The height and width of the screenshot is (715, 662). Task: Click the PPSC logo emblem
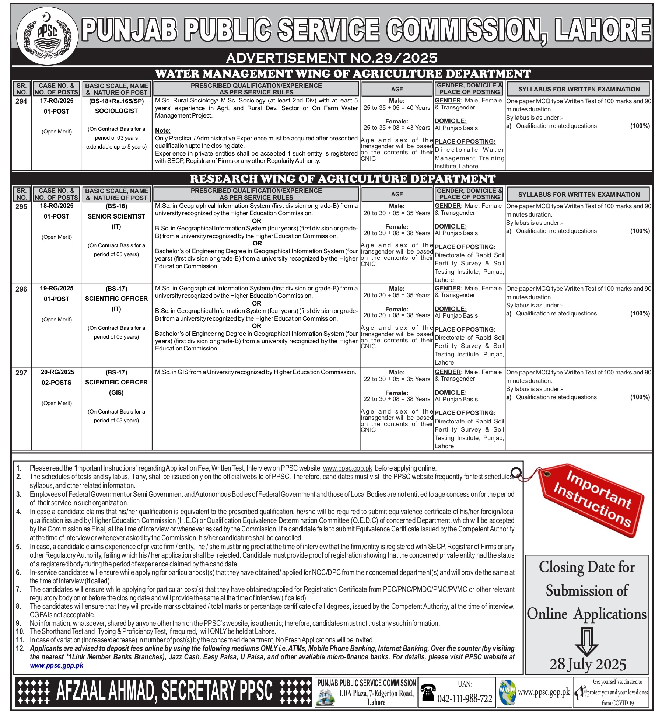[47, 36]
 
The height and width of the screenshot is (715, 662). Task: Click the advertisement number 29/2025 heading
[332, 58]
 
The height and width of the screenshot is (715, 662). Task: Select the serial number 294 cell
[21, 101]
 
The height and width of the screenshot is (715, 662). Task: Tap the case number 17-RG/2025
[56, 101]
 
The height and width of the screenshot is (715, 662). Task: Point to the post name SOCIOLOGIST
[116, 111]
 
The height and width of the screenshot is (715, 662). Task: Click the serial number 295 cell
[21, 207]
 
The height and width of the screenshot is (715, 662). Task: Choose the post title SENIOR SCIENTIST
[116, 216]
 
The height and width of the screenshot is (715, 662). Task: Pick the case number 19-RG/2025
[56, 289]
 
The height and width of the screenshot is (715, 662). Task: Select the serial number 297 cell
[21, 373]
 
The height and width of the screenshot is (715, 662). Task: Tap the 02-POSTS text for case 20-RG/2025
[56, 383]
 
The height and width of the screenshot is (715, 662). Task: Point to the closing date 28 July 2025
[588, 665]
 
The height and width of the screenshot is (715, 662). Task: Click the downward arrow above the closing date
[587, 642]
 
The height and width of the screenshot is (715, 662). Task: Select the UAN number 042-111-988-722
[465, 699]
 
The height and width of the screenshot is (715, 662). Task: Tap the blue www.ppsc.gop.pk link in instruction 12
[56, 666]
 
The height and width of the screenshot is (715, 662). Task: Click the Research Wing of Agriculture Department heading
[343, 179]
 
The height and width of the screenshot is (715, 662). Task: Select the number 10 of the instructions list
[20, 631]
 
